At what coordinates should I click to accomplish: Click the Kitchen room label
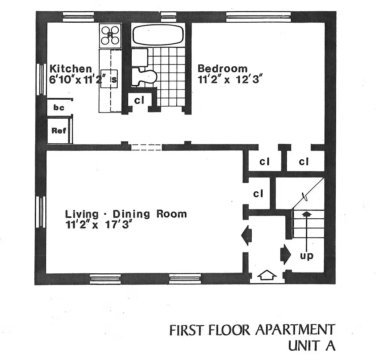[x=71, y=69]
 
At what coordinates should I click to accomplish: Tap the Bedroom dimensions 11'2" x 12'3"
[x=229, y=79]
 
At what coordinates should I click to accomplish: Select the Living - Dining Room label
[x=125, y=214]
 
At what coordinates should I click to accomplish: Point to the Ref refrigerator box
[x=59, y=131]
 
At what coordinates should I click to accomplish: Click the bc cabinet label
[x=59, y=108]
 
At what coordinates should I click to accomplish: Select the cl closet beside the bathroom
[x=139, y=100]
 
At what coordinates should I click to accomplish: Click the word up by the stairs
[x=307, y=257]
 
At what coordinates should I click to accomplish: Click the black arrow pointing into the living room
[x=247, y=236]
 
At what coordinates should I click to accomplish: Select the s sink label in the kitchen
[x=114, y=80]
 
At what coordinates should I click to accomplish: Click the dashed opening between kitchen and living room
[x=146, y=147]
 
